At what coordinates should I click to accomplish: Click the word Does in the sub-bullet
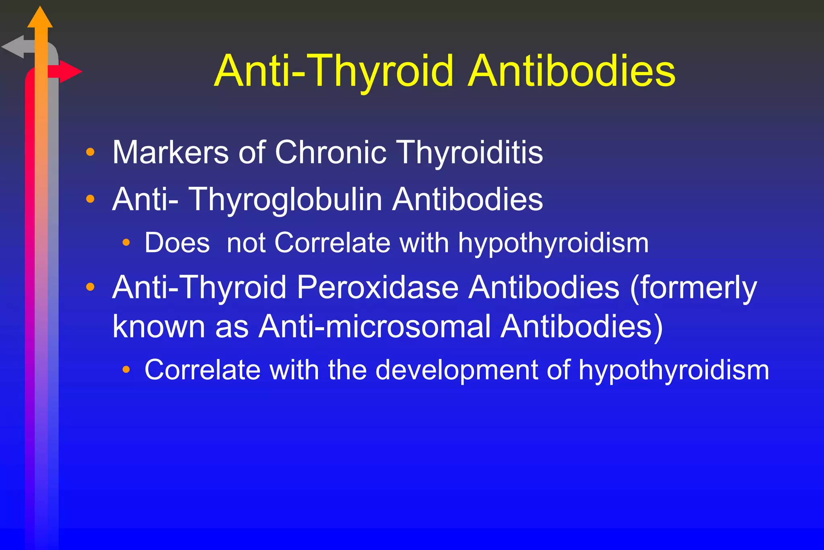(177, 243)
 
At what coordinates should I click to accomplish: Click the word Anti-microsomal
(375, 326)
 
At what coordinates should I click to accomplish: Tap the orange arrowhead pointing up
(40, 18)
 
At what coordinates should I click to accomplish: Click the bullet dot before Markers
(91, 152)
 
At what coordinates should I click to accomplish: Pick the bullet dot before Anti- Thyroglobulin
(91, 199)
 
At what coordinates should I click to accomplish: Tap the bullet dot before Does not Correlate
(126, 242)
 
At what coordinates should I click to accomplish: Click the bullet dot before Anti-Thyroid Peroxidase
(91, 287)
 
